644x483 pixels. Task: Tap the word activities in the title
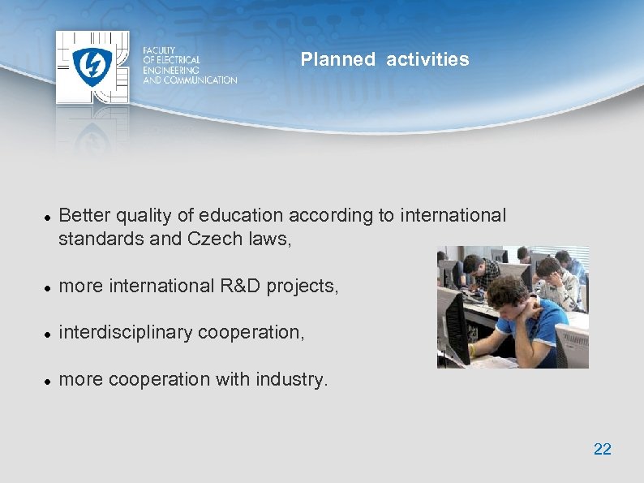tap(427, 59)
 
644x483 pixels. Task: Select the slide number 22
tap(602, 449)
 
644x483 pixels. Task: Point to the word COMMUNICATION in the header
tap(200, 80)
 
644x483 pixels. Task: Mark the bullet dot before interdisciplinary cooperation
tap(48, 334)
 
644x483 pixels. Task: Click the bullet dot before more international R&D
tap(48, 287)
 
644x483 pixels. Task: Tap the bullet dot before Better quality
tap(48, 217)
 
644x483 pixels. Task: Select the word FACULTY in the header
tap(159, 50)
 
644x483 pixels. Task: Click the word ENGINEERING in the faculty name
tap(170, 70)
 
